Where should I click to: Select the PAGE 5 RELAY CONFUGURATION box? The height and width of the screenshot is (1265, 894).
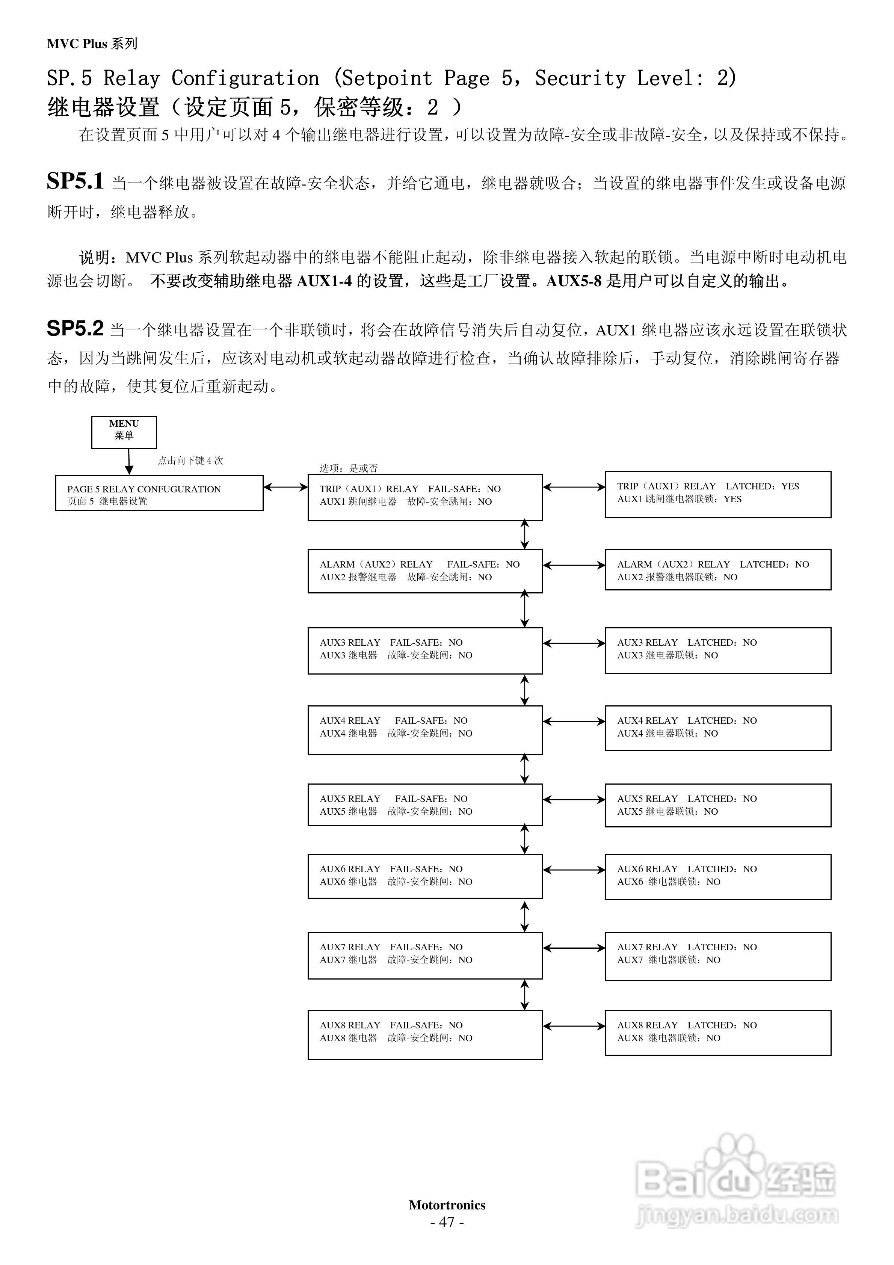[x=159, y=493]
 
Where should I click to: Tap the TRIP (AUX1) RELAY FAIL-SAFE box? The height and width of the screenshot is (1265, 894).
[x=425, y=497]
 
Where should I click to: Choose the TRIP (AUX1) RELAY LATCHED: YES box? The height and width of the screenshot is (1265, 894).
[x=717, y=494]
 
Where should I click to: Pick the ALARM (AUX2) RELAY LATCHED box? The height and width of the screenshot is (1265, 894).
[x=717, y=570]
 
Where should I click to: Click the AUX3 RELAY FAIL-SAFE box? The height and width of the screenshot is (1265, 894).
[x=425, y=650]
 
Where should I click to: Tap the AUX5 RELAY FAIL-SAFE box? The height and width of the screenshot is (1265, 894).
[x=425, y=805]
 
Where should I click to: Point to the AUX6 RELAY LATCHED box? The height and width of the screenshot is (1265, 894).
[x=717, y=877]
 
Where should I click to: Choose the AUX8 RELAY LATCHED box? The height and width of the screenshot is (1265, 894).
[x=717, y=1033]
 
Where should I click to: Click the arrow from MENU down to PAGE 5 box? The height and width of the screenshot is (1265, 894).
[x=129, y=461]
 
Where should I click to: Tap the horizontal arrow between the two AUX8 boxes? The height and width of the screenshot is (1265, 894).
[x=574, y=1026]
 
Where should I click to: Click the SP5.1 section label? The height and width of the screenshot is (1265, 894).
[x=75, y=181]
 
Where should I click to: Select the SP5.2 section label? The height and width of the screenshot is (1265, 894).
[x=75, y=329]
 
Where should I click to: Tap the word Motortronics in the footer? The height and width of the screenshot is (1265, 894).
[x=447, y=1205]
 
